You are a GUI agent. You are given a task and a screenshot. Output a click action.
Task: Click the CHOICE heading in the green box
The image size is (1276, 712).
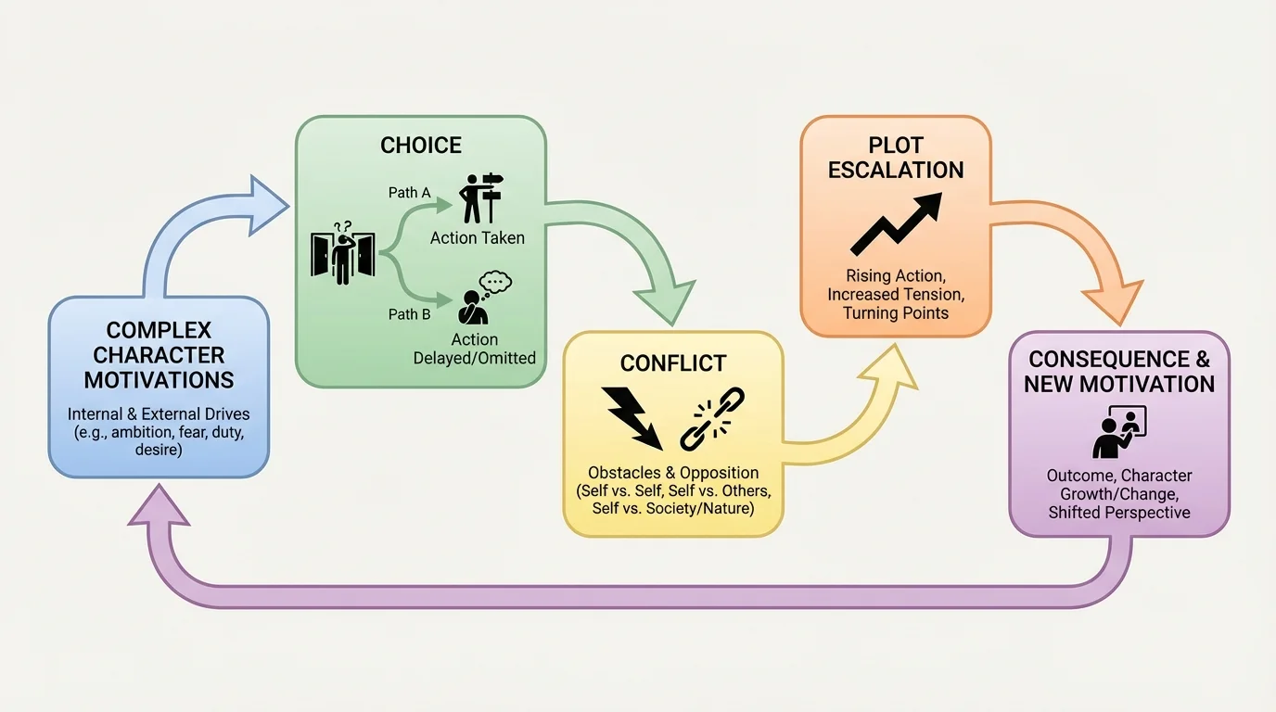421,146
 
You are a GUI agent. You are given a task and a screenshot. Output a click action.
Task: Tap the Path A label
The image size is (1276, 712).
409,193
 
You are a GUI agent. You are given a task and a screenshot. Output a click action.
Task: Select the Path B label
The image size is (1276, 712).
409,314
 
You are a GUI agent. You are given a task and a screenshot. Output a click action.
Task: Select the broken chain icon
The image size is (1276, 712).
712,419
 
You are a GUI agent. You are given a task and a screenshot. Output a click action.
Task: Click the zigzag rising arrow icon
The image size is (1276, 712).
896,223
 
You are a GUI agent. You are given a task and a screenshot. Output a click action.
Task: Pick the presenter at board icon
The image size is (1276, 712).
1118,432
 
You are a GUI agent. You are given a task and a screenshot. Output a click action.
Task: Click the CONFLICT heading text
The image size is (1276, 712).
673,363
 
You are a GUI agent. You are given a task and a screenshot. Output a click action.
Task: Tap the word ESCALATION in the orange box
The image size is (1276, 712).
896,171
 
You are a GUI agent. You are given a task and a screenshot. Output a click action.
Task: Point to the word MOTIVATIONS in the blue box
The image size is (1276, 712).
159,379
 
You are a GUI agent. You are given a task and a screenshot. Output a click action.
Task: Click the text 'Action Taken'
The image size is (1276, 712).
477,238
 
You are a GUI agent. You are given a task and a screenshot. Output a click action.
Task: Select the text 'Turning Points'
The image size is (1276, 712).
896,313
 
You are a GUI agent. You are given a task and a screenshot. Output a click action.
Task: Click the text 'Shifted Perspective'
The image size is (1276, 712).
1118,512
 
